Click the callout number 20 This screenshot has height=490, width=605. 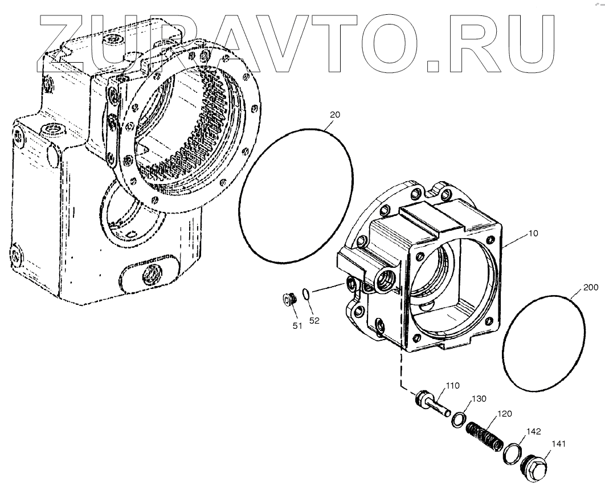click(x=335, y=115)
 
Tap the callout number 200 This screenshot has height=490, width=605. click(x=591, y=288)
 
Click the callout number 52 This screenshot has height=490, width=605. click(x=314, y=321)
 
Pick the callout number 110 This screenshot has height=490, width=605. click(x=453, y=386)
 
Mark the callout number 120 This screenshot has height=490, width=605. click(x=505, y=414)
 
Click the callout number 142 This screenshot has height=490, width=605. click(x=533, y=431)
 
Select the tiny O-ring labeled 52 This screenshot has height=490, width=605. click(x=306, y=294)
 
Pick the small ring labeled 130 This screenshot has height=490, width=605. click(x=457, y=421)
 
